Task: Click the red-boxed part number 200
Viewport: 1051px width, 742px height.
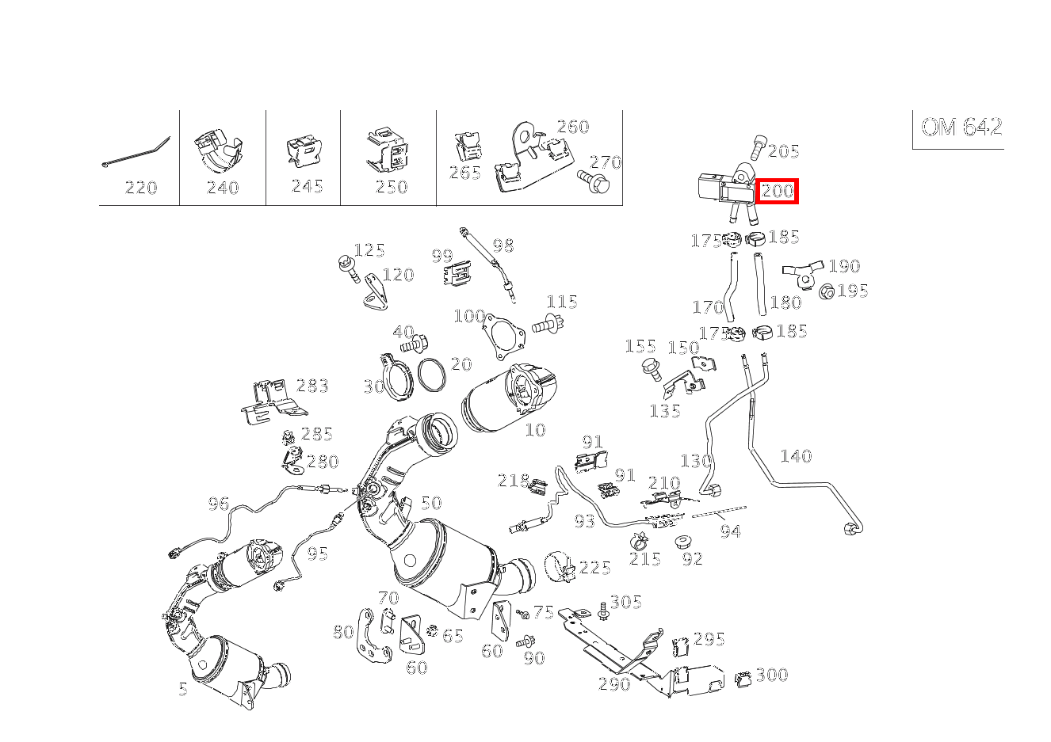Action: pyautogui.click(x=777, y=191)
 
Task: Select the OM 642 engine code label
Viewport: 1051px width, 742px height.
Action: pyautogui.click(x=961, y=127)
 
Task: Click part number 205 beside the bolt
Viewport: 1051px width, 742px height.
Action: pyautogui.click(x=783, y=151)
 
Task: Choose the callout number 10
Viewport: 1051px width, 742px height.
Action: pyautogui.click(x=535, y=430)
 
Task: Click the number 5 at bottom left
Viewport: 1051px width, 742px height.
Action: pyautogui.click(x=183, y=689)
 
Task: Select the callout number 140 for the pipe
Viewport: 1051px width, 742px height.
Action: pyautogui.click(x=795, y=456)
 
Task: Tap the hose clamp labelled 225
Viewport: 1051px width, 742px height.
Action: pyautogui.click(x=560, y=565)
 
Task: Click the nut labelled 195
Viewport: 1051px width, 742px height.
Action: pyautogui.click(x=825, y=292)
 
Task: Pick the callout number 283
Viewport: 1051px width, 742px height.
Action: pyautogui.click(x=312, y=386)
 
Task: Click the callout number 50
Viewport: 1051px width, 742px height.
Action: pyautogui.click(x=430, y=503)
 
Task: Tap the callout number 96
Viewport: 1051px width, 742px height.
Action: pyautogui.click(x=218, y=504)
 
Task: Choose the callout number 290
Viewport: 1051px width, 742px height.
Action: pyautogui.click(x=613, y=683)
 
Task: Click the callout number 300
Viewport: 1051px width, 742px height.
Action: pyautogui.click(x=771, y=675)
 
